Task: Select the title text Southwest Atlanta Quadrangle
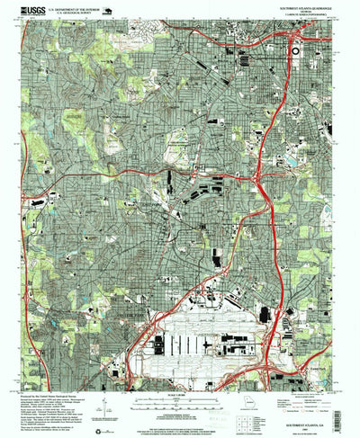tap(302, 5)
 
